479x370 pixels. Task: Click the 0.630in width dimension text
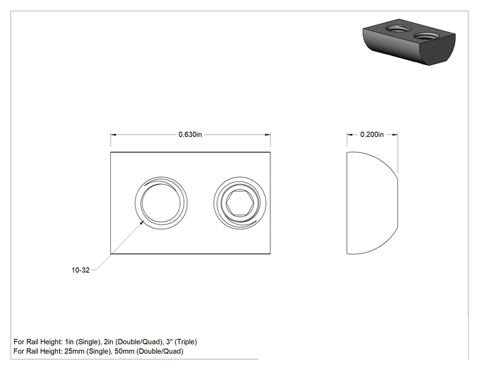point(190,134)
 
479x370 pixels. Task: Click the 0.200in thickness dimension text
point(371,134)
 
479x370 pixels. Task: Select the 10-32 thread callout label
point(80,270)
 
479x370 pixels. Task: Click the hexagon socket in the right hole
point(239,203)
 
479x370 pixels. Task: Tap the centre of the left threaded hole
point(161,203)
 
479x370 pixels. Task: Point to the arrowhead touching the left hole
point(142,222)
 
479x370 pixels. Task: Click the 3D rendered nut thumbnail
point(409,42)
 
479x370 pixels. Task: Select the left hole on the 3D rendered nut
point(399,29)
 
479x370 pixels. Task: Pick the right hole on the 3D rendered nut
point(426,36)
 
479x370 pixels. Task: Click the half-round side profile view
point(372,203)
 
